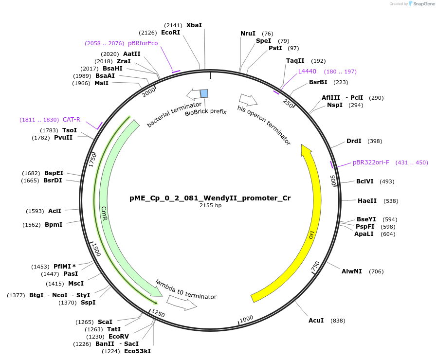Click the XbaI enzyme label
coord(194,25)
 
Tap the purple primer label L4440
coord(308,72)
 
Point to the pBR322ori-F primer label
coord(371,162)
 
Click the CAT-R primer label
coord(71,120)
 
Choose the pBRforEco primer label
coord(143,43)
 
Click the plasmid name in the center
coord(210,198)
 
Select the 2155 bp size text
coord(210,206)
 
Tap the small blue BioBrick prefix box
coord(204,93)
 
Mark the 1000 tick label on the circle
coord(246,318)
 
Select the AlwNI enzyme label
coord(351,271)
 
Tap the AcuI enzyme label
coord(316,321)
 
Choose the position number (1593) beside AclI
coord(35,211)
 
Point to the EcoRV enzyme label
coord(118,337)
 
